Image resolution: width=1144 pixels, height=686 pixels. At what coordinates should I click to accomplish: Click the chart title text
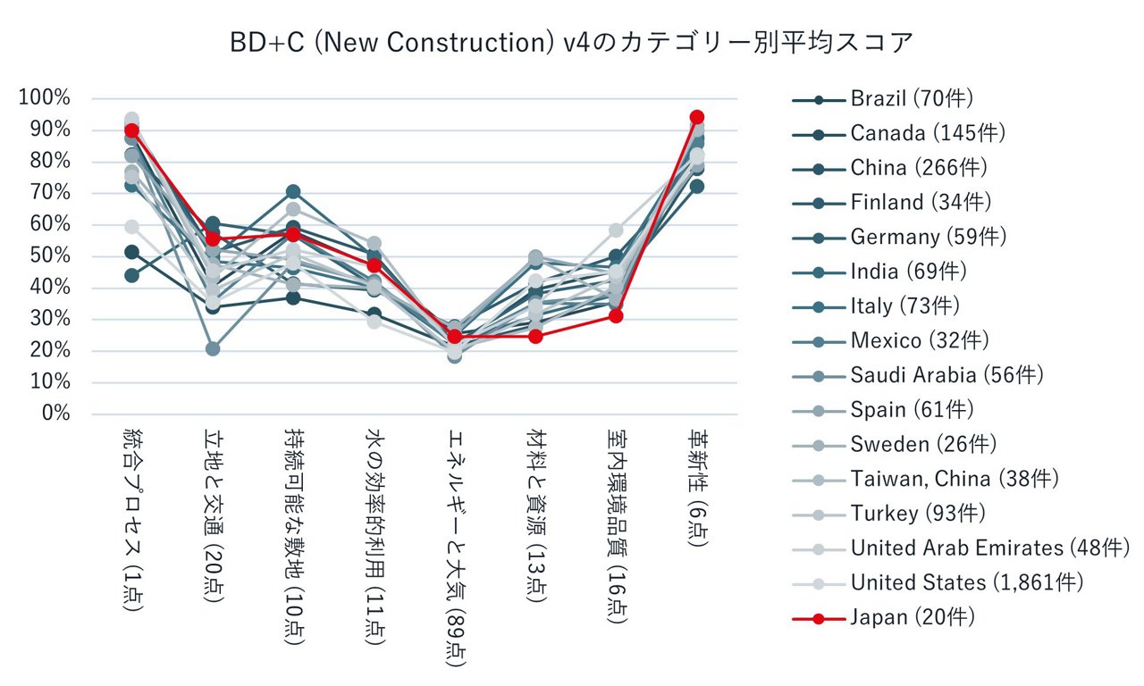pos(572,42)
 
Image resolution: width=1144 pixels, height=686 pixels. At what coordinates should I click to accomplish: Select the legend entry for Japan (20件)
pos(913,617)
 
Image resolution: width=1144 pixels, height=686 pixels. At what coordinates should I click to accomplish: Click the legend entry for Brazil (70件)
pos(912,99)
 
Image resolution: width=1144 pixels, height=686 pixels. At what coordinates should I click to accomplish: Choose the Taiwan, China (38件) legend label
pos(955,479)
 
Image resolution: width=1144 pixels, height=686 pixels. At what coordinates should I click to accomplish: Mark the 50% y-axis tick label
pos(49,256)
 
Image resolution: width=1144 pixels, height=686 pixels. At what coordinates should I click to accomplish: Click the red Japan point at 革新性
pos(697,117)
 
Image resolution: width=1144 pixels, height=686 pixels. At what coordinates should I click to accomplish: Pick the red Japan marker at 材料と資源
pos(535,337)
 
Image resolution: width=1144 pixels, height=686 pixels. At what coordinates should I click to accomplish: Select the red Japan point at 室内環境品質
pos(616,316)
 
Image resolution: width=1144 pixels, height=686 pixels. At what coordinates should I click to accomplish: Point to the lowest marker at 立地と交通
pos(212,349)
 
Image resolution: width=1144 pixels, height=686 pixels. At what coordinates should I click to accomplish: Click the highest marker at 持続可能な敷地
pos(293,192)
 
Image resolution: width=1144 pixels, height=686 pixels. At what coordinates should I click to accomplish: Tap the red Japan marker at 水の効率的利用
pos(374,265)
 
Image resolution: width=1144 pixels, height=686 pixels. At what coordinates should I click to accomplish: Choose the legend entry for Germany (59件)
pos(928,237)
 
